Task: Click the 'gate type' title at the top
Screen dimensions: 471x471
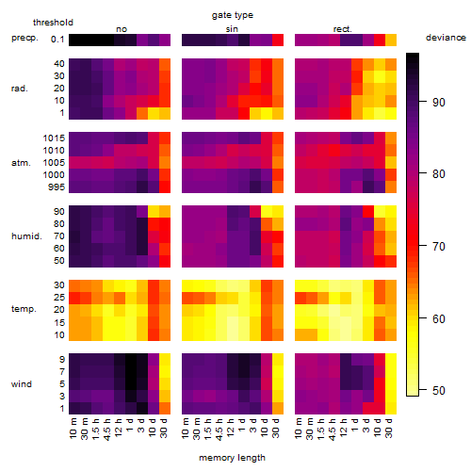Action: (233, 15)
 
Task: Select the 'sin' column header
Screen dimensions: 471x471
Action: (232, 29)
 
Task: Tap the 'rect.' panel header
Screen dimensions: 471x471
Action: (343, 29)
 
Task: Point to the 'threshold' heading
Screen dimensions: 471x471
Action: (53, 23)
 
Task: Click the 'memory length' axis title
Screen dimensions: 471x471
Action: (232, 458)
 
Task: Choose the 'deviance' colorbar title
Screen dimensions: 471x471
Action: (446, 38)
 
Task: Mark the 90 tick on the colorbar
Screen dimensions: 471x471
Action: (423, 102)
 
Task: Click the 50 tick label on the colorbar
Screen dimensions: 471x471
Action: (439, 390)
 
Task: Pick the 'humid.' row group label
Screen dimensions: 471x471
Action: (26, 236)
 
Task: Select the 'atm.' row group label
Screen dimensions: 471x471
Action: (21, 163)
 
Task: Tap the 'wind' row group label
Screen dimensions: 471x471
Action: (22, 384)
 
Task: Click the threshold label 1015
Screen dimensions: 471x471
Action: (54, 138)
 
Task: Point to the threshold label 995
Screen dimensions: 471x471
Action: (57, 187)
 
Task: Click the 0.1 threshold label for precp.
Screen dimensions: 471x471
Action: (57, 40)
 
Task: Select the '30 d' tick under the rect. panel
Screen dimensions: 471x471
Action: (389, 428)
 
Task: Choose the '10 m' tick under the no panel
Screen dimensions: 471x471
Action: (73, 428)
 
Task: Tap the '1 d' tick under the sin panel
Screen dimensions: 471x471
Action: (242, 424)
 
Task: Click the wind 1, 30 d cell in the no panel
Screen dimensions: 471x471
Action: (165, 408)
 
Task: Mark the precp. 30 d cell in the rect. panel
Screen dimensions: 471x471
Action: (391, 40)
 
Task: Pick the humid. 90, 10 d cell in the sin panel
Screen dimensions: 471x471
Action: (267, 212)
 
